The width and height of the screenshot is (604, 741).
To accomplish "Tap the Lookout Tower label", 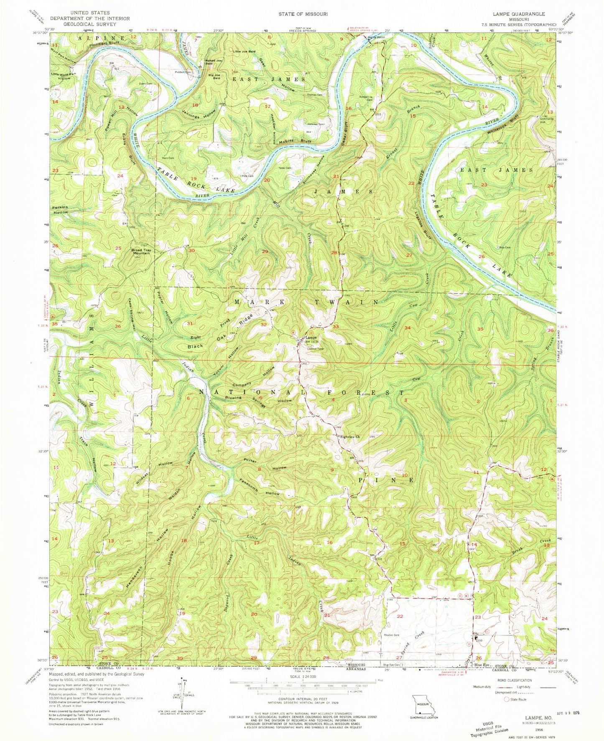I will [x=316, y=348].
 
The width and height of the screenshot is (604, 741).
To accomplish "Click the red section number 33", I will [x=336, y=327].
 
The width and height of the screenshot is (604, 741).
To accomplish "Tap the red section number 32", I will [x=264, y=324].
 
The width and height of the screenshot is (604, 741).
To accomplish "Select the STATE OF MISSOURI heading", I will [x=303, y=14].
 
